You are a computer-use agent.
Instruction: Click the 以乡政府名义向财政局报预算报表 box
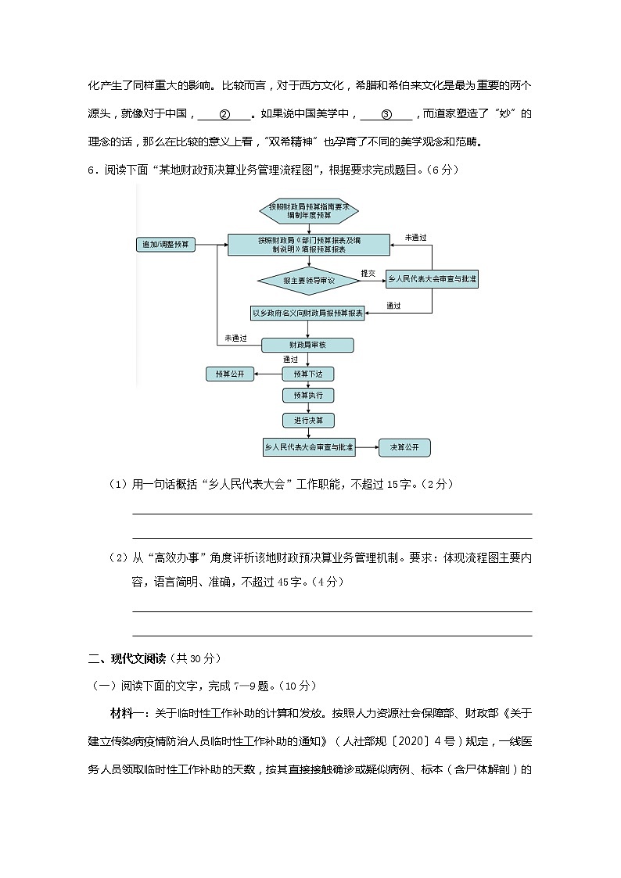tap(307, 314)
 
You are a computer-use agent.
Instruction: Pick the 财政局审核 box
tap(307, 345)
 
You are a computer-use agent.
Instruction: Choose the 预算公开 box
tap(230, 374)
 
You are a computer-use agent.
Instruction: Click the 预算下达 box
tap(308, 374)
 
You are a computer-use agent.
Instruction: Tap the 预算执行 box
tap(308, 396)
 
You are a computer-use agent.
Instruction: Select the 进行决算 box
tap(308, 421)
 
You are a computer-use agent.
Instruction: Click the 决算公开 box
tap(404, 448)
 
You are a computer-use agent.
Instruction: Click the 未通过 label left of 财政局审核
tap(235, 338)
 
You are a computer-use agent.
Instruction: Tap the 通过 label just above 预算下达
tap(290, 360)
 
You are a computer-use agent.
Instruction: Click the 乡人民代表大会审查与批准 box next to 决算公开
tap(308, 448)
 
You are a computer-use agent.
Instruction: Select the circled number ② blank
tap(224, 114)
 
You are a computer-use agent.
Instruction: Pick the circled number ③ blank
tap(386, 114)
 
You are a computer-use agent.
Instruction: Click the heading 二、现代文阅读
tap(121, 658)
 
